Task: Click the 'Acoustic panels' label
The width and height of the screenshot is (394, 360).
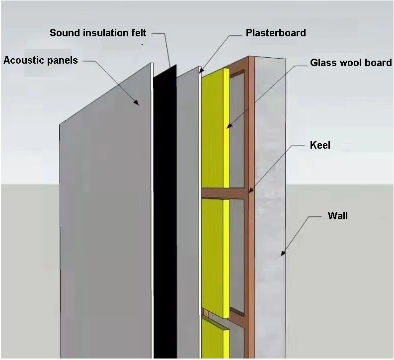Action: click(41, 61)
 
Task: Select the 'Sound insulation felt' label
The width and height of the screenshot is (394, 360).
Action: click(98, 33)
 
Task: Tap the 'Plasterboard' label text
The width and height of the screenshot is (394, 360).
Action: click(276, 33)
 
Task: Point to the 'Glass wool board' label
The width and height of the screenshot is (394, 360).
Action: click(351, 63)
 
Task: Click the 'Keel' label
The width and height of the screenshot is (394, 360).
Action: click(320, 146)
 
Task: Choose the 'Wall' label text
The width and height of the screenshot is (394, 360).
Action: click(338, 216)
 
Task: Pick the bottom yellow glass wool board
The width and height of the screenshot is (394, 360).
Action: click(214, 338)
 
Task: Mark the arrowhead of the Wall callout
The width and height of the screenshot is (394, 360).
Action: click(282, 254)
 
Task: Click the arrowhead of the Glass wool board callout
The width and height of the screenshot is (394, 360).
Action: click(228, 128)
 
